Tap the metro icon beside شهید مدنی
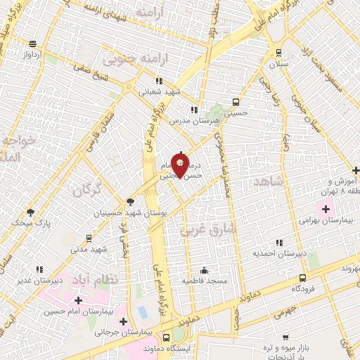coord(88,238)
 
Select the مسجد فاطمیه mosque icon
coord(204,270)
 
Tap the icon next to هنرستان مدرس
coord(194,110)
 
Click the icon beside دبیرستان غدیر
coord(39,269)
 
